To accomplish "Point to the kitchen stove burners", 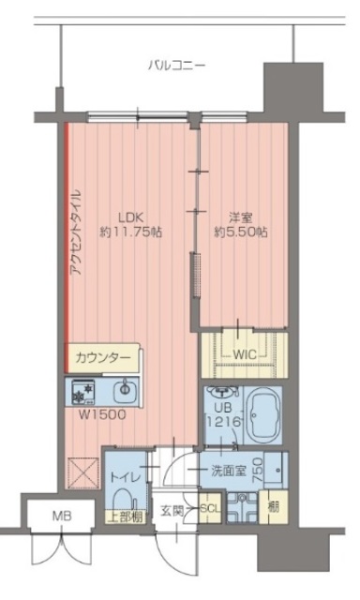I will [x=82, y=389].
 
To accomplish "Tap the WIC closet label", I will [x=245, y=354].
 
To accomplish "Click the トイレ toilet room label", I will [x=120, y=478].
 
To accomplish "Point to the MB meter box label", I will [x=58, y=515].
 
